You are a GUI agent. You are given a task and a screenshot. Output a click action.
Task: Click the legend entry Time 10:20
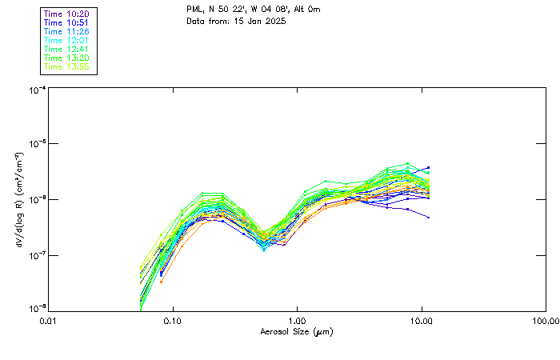coord(66,14)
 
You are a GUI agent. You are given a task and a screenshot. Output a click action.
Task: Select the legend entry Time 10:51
coord(66,22)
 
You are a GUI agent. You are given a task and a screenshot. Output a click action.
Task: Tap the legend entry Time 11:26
coord(66,31)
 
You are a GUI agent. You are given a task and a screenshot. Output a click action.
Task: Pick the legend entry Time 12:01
coord(66,40)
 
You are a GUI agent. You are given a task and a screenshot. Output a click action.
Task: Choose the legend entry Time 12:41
coord(66,49)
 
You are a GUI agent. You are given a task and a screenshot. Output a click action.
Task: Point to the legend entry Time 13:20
coord(66,58)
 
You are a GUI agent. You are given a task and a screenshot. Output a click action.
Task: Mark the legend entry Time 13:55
coord(66,66)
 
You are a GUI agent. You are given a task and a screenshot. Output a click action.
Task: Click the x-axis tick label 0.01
coord(49,321)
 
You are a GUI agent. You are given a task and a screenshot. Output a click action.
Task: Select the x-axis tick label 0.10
coord(173,321)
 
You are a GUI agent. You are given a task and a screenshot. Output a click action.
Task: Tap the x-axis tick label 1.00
coord(297,321)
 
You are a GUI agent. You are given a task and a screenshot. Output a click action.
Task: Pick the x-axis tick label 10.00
coord(421,321)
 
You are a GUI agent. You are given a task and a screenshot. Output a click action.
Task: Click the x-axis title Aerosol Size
coord(296,331)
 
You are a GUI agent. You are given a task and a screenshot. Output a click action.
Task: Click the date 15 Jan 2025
coord(259,21)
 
